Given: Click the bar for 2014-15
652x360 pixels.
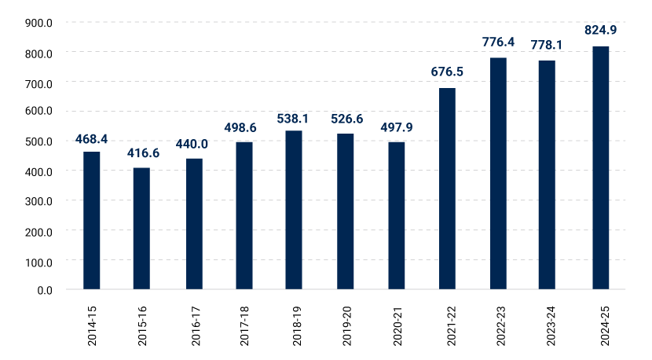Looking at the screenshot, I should coord(92,220).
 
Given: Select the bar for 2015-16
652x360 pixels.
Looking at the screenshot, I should coord(141,228).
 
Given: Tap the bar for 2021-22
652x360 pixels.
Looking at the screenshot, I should coord(447,189).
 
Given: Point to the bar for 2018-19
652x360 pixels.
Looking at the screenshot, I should coord(294,210).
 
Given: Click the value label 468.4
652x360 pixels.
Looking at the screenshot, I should coord(91,139).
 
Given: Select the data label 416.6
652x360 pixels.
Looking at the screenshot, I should coord(143,153).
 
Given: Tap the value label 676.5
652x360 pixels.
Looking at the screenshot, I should coord(447,72).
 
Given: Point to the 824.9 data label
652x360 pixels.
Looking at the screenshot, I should coord(600,31).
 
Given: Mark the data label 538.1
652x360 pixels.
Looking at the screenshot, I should coord(293,119).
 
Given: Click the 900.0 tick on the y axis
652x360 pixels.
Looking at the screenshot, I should coord(38,23).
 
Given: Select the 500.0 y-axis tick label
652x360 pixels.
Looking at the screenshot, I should coord(38,141).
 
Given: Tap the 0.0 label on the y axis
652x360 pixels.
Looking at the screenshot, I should coord(44,290).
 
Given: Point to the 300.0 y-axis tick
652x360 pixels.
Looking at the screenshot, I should coord(38,200).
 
